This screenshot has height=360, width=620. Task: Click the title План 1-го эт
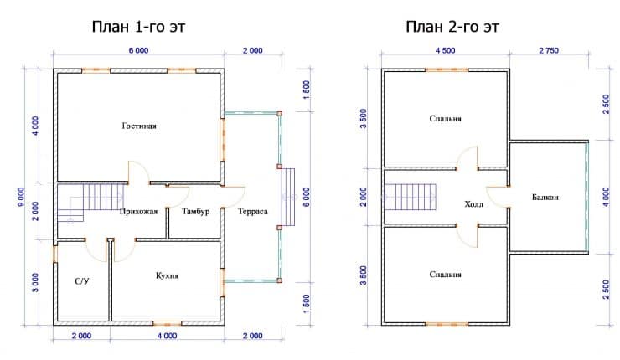[138, 27]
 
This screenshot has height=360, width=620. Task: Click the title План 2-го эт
[452, 27]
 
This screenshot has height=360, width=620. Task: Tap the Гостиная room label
[139, 126]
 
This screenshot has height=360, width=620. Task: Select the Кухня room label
[167, 275]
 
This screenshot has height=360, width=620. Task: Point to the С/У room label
[82, 281]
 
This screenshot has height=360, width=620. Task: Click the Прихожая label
[138, 212]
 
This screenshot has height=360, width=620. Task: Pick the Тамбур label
[196, 212]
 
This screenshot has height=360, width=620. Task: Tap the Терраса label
[253, 212]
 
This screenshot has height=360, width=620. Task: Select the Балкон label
[545, 197]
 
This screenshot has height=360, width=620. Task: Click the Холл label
[473, 204]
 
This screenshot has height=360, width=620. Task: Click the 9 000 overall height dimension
[21, 197]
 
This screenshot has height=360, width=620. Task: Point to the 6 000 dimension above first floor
[139, 50]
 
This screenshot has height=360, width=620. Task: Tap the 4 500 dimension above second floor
[446, 50]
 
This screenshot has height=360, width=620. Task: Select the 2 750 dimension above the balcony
[549, 50]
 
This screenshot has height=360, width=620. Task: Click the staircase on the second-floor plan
[410, 197]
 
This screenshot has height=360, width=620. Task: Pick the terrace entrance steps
[288, 197]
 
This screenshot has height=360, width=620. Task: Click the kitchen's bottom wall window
[168, 323]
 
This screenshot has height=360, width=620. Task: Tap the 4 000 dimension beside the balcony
[606, 197]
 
